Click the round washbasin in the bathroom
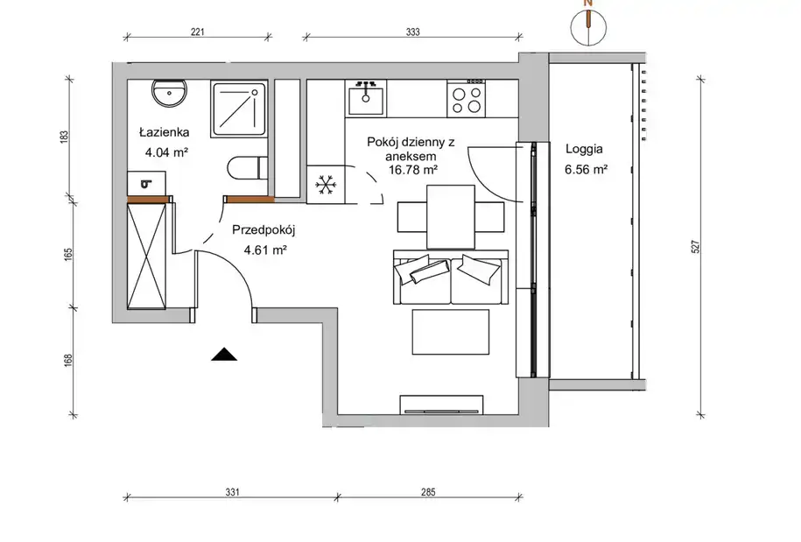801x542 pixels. pyautogui.click(x=169, y=93)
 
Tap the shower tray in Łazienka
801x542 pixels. pyautogui.click(x=239, y=108)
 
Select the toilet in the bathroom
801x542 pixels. pyautogui.click(x=247, y=168)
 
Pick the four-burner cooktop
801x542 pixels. pyautogui.click(x=467, y=99)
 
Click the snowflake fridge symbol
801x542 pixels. pyautogui.click(x=325, y=185)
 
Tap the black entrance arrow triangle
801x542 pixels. pyautogui.click(x=224, y=354)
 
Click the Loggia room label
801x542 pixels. pyautogui.click(x=584, y=149)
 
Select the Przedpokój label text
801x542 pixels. pyautogui.click(x=263, y=230)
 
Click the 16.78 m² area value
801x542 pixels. pyautogui.click(x=413, y=170)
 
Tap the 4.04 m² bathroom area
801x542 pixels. pyautogui.click(x=166, y=152)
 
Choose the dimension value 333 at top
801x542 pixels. pyautogui.click(x=413, y=32)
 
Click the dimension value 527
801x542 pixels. pyautogui.click(x=695, y=247)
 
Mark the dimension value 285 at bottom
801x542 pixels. pyautogui.click(x=428, y=492)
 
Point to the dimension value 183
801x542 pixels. pyautogui.click(x=64, y=137)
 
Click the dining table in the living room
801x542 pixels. pyautogui.click(x=451, y=217)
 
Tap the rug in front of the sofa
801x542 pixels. pyautogui.click(x=451, y=332)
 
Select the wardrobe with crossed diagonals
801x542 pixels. pyautogui.click(x=146, y=256)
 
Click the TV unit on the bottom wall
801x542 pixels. pyautogui.click(x=442, y=405)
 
